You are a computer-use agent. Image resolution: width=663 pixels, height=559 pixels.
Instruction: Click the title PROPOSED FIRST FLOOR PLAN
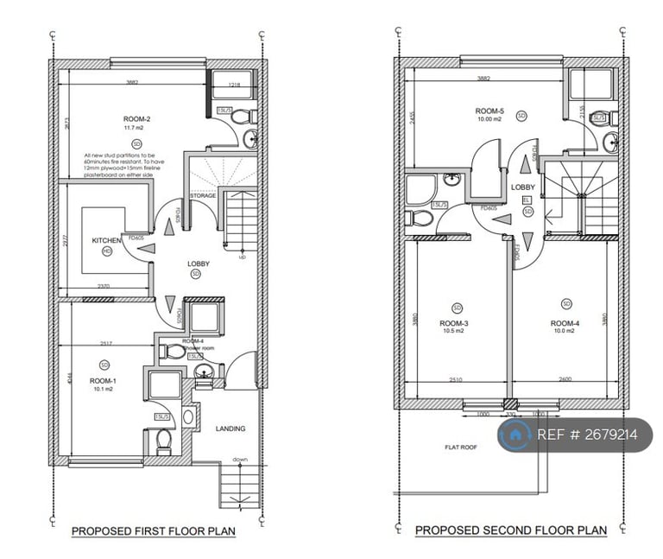tap(153, 531)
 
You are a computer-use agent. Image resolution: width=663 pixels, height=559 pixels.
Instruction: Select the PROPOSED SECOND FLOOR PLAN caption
tap(510, 530)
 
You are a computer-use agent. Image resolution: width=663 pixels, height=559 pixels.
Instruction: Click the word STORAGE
tap(203, 196)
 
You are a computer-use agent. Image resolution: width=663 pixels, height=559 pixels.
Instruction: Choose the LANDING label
tap(230, 429)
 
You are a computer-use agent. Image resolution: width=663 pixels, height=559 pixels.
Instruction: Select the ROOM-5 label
tap(489, 111)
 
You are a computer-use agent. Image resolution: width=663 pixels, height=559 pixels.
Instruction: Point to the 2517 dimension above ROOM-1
tap(106, 343)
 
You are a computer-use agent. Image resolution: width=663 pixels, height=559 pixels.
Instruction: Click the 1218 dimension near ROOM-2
tap(233, 86)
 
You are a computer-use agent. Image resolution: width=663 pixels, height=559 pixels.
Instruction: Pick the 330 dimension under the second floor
tap(511, 415)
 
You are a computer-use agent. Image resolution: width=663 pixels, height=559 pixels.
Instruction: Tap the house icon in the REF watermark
tap(515, 435)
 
